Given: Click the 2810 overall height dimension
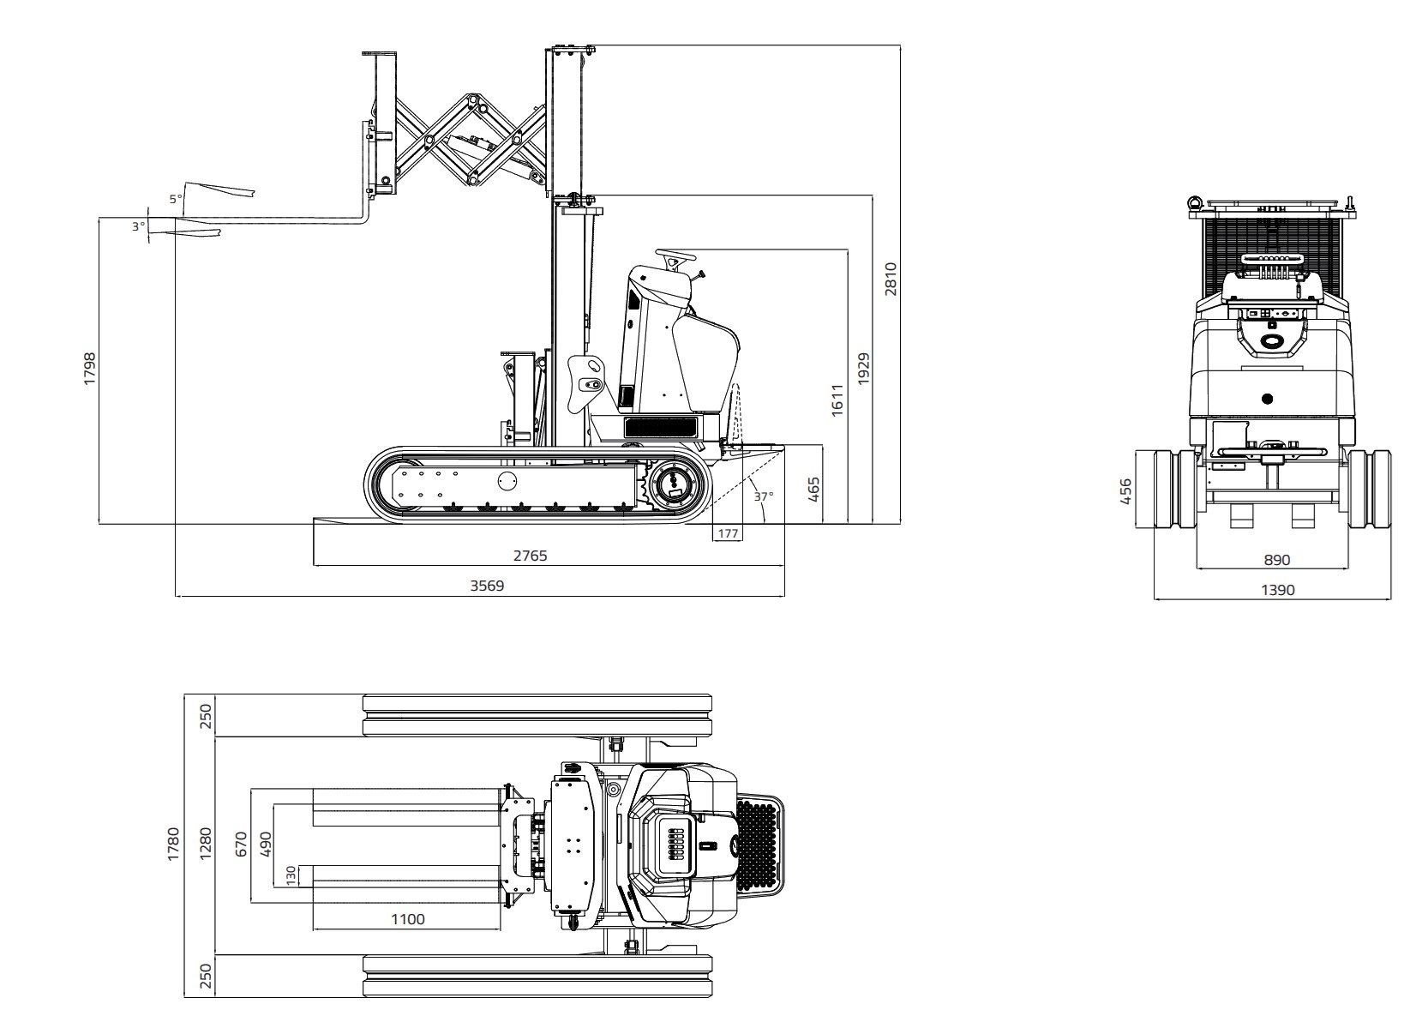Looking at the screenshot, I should (x=890, y=279).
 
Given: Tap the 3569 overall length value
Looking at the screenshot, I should (x=487, y=586).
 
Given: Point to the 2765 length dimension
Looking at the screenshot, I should (x=530, y=556).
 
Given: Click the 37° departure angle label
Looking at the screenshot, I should (x=763, y=496).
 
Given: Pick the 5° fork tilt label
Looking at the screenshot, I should (x=175, y=199).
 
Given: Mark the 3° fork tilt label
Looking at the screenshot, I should (x=138, y=226).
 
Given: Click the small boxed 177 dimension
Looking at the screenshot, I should (x=728, y=533).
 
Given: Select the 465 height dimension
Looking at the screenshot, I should (x=814, y=489).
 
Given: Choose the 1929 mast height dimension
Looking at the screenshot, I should (x=863, y=369).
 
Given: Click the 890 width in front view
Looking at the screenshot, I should (x=1276, y=560).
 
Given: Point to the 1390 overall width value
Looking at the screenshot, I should (x=1277, y=590).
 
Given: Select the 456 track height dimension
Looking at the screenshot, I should (x=1126, y=491).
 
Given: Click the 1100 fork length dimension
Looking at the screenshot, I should (x=407, y=919).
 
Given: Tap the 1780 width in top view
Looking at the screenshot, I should (x=174, y=844).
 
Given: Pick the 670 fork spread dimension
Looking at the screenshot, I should (x=241, y=845).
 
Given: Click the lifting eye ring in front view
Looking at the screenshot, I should (x=1193, y=201).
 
